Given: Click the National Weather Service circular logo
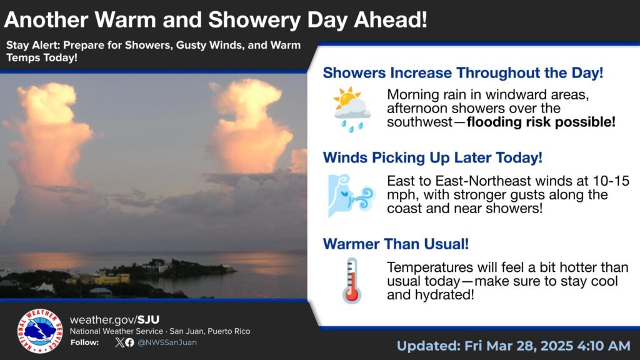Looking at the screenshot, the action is tap(40, 331).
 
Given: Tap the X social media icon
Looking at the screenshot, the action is tap(119, 342).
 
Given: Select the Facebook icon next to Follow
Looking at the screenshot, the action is tap(129, 342).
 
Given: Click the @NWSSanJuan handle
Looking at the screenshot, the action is tap(167, 342).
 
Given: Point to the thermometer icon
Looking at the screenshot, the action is tap(352, 281).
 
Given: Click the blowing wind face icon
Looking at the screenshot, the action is tap(351, 196).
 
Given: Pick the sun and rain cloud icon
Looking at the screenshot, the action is tap(352, 109).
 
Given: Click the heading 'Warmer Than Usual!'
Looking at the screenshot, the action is tap(396, 244).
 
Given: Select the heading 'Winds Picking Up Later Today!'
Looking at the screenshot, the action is tap(432, 158).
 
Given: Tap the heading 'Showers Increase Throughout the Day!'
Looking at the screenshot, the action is tap(463, 73).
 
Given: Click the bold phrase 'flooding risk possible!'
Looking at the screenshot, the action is tap(541, 122).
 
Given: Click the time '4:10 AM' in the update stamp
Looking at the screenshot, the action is tap(604, 346).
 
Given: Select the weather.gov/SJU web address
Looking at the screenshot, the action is tap(115, 319).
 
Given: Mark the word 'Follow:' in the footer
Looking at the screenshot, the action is tap(84, 342).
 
